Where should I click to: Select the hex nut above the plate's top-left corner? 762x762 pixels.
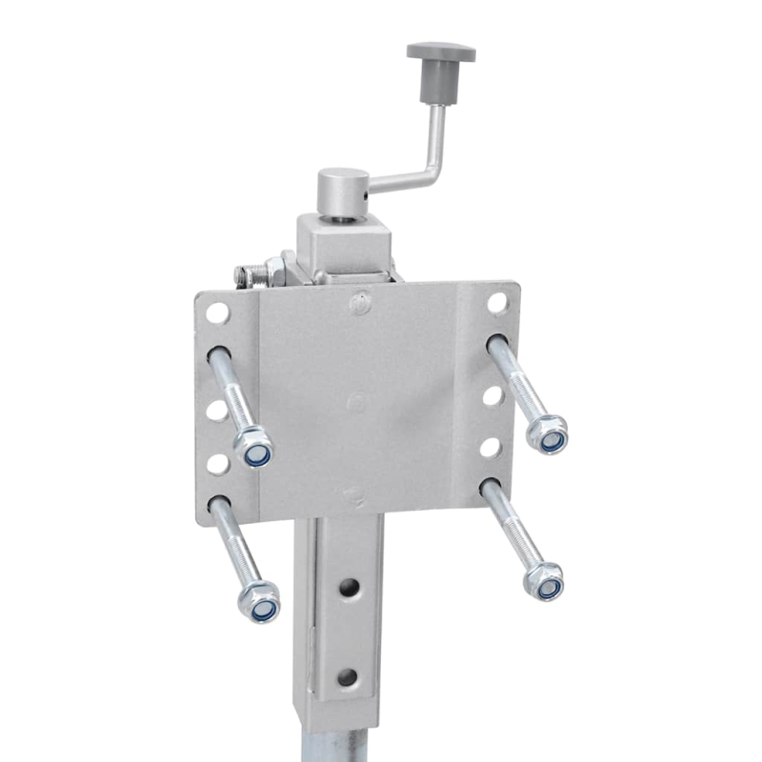click(x=274, y=271)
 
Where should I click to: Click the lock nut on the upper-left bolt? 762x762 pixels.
click(x=254, y=448)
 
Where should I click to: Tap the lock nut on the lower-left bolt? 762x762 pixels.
click(x=260, y=603)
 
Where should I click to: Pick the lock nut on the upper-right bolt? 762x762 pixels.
click(x=548, y=434)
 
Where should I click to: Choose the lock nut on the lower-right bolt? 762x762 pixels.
click(x=545, y=580)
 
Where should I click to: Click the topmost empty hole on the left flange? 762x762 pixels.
click(x=217, y=311)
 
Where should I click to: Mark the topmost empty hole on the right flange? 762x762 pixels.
click(x=496, y=302)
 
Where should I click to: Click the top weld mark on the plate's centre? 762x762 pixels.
click(x=358, y=304)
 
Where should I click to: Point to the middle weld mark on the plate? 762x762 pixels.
click(x=354, y=402)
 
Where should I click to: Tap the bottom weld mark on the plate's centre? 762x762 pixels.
click(x=352, y=494)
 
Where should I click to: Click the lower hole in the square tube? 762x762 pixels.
click(x=348, y=676)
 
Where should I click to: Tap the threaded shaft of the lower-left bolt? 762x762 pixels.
click(x=234, y=545)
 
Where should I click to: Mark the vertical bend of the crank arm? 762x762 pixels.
click(x=436, y=143)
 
